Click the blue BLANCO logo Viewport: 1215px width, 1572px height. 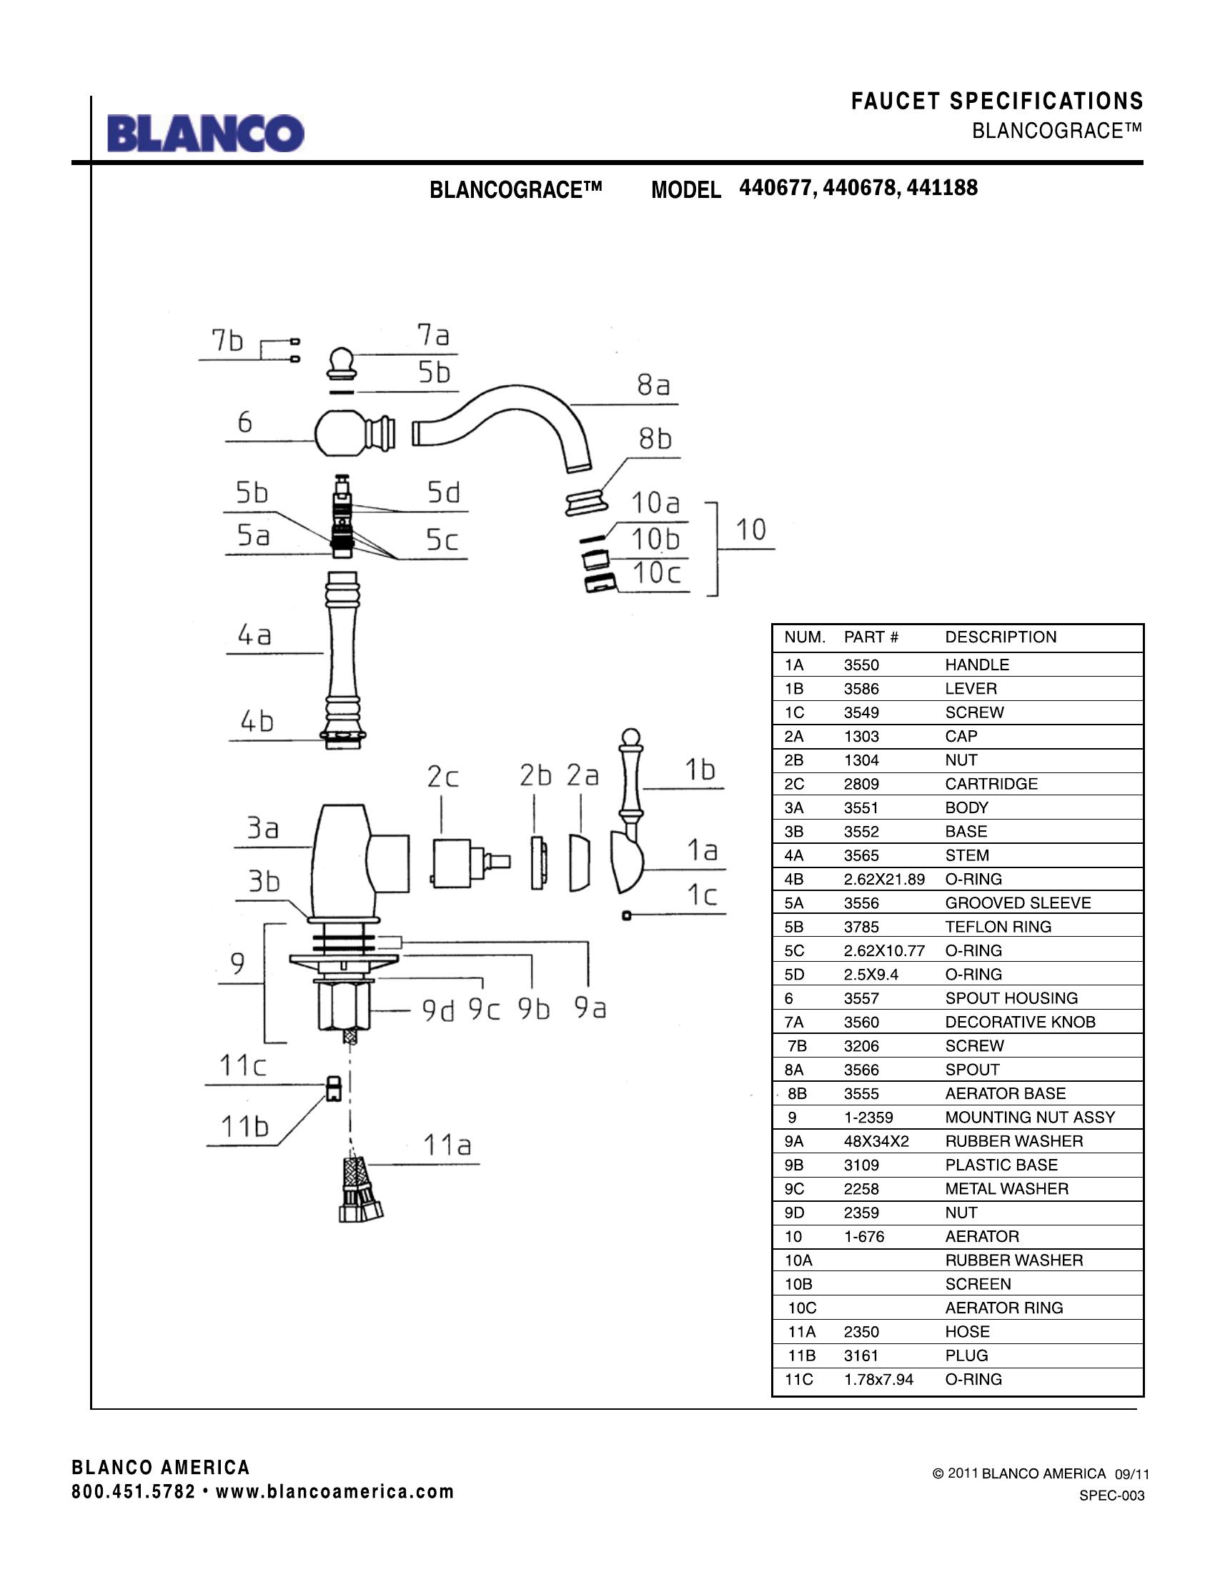(x=206, y=133)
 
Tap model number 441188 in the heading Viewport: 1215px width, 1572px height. (x=942, y=188)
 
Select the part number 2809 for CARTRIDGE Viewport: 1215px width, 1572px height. (x=861, y=784)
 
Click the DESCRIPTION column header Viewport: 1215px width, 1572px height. (x=1001, y=637)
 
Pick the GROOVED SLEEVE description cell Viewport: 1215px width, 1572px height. (x=1018, y=902)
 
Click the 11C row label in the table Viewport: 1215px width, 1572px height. (x=798, y=1379)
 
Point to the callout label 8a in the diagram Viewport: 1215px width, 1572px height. (x=653, y=386)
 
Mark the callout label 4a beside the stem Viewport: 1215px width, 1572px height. (x=254, y=635)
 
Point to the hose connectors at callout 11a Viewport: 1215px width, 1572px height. (x=360, y=1188)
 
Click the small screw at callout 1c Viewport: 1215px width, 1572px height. (x=626, y=915)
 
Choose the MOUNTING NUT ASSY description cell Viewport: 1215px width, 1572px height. (x=1029, y=1117)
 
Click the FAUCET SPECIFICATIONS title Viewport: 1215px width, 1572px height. (x=997, y=101)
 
